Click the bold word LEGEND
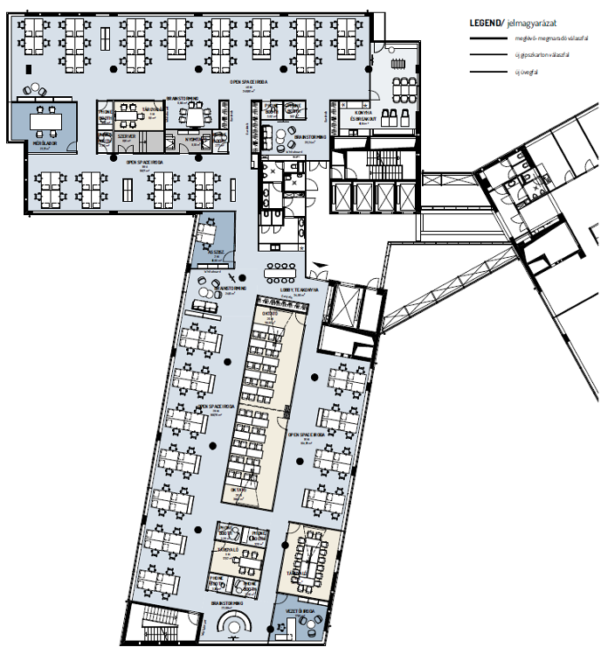point(486,23)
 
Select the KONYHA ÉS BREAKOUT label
point(363,117)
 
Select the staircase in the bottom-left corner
point(148,624)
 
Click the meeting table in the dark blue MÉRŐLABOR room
point(45,119)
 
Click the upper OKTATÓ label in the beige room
point(271,312)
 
